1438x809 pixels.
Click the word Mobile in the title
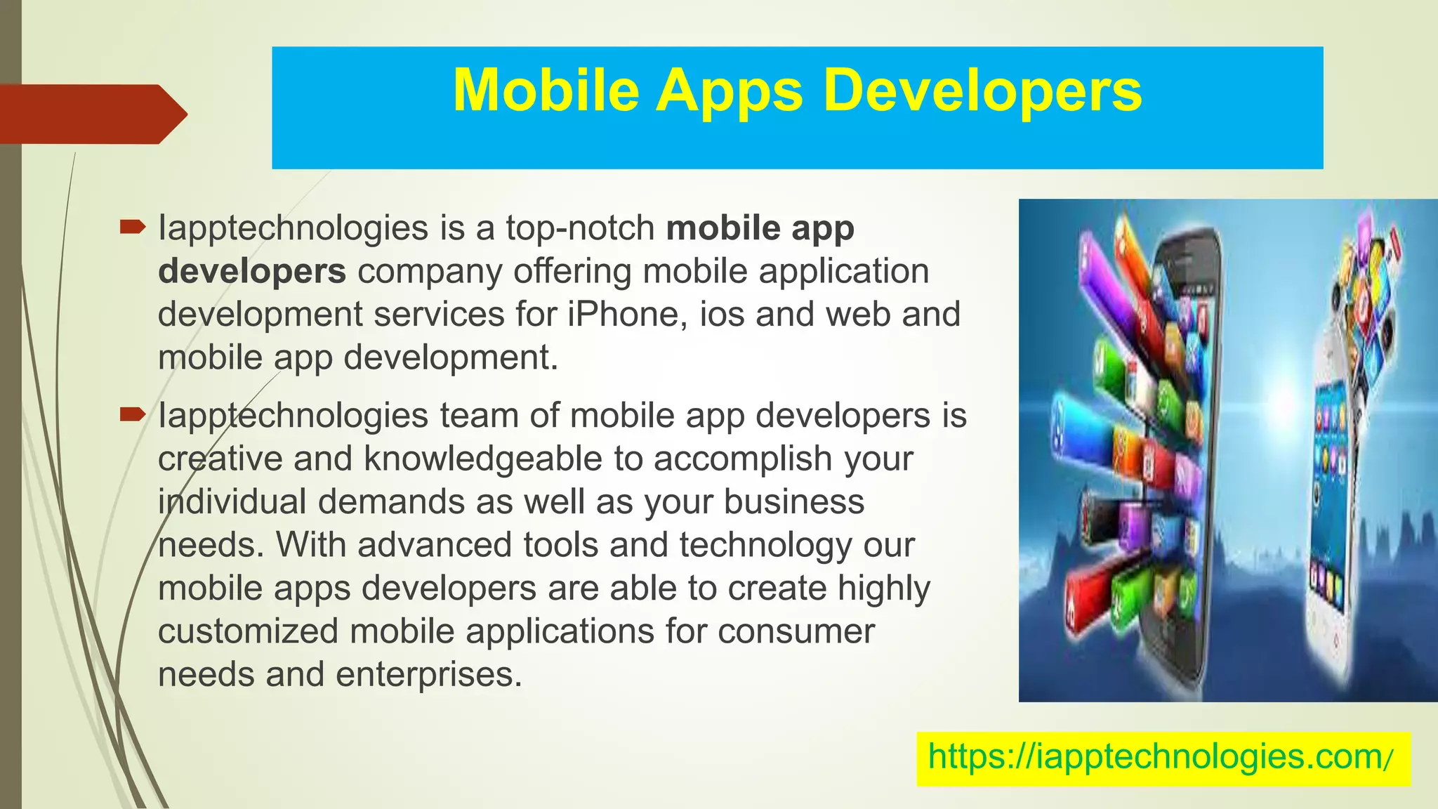tap(546, 91)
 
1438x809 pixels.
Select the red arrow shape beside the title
tap(91, 114)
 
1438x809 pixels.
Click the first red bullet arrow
tap(132, 227)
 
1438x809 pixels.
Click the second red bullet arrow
tap(132, 414)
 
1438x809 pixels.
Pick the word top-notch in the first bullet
tap(580, 228)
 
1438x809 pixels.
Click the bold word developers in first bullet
tap(251, 271)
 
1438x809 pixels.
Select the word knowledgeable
tap(482, 459)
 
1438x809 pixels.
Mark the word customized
tap(248, 631)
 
